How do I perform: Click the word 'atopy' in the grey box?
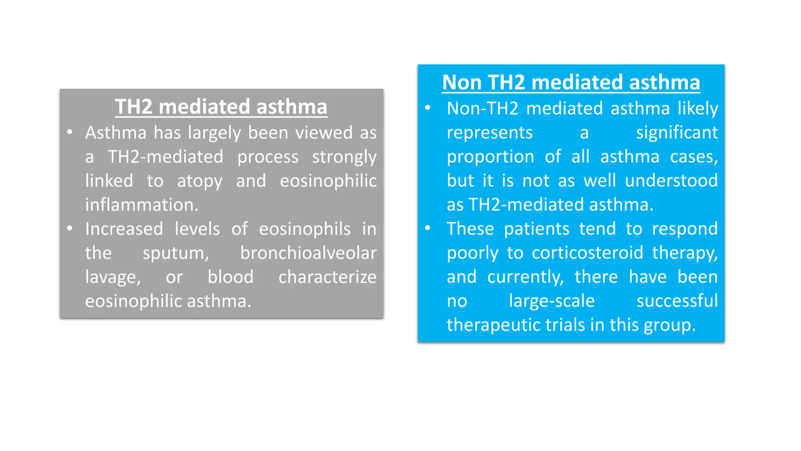(x=199, y=181)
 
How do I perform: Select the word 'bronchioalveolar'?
(x=308, y=253)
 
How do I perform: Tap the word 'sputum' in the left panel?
(x=176, y=253)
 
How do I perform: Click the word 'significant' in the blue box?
(x=677, y=133)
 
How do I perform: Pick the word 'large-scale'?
(x=551, y=301)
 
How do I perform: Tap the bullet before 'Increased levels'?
(x=70, y=228)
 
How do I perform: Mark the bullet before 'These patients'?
(x=427, y=228)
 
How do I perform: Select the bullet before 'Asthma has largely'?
(x=70, y=132)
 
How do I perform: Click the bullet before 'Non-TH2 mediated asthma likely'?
(x=427, y=108)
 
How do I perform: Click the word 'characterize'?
(x=327, y=277)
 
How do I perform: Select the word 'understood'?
(x=671, y=181)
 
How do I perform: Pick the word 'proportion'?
(x=490, y=157)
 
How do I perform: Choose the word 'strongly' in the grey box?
(x=344, y=157)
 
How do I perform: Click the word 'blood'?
(x=230, y=277)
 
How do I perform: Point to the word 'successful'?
(x=677, y=301)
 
